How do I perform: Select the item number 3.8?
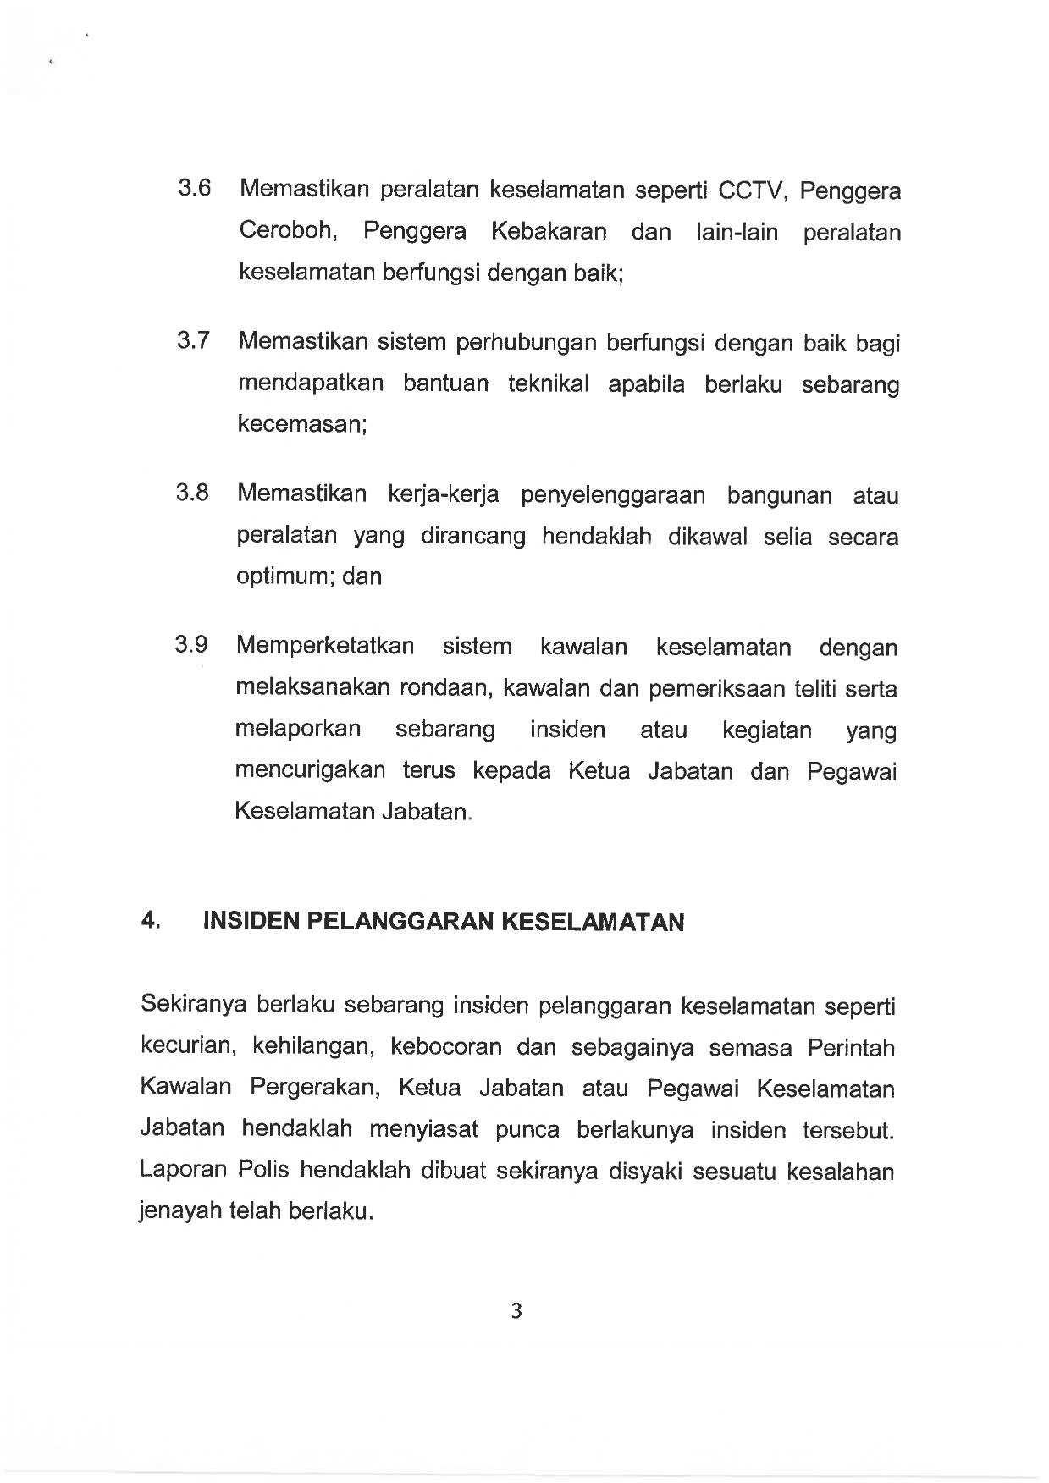[x=192, y=493]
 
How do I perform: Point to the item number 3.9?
[x=191, y=645]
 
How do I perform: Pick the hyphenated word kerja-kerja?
[x=443, y=494]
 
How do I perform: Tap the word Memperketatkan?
[x=325, y=647]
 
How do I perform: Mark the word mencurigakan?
[x=310, y=771]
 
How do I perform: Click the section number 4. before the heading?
[x=152, y=921]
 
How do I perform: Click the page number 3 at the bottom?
[x=516, y=1311]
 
